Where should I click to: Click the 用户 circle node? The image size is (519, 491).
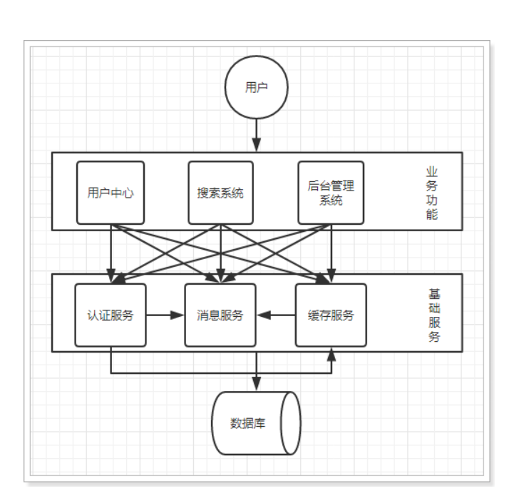[256, 88]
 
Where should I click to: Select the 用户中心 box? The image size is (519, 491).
[111, 193]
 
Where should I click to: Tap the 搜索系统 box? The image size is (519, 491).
[220, 193]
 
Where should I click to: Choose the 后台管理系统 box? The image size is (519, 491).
[331, 193]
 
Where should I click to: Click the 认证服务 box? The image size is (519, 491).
[111, 315]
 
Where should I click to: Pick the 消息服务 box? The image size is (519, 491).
[220, 315]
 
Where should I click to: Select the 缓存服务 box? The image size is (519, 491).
[331, 315]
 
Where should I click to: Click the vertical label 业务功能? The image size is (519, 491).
[431, 193]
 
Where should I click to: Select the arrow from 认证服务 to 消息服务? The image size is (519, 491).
[165, 315]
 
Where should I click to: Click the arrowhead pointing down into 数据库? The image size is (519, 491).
[256, 385]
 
